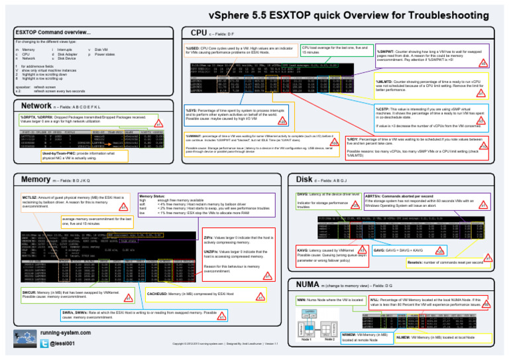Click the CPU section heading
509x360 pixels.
(199, 32)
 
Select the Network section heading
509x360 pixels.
(36, 105)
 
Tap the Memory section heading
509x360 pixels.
(36, 179)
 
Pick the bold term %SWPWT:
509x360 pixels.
(388, 52)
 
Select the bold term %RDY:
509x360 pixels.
(355, 140)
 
